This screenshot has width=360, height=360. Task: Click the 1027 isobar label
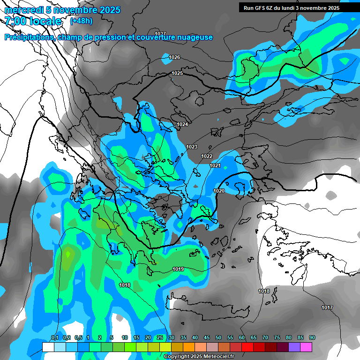[x=160, y=34]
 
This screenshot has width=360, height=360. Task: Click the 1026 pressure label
[x=174, y=57]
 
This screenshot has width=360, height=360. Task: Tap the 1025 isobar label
[x=177, y=73]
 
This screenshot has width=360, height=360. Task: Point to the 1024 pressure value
[x=182, y=124]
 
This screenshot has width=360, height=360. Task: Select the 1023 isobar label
[x=192, y=147]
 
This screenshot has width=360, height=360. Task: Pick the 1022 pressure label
[x=207, y=156]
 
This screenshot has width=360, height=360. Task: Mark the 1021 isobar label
[x=215, y=165]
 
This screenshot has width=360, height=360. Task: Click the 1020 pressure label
[x=219, y=191]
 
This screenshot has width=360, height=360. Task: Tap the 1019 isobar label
[x=178, y=269]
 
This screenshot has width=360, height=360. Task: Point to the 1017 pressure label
[x=327, y=307]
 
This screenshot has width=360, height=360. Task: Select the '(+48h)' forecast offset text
[x=81, y=21]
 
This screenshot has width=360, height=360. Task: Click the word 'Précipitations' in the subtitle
[x=29, y=37]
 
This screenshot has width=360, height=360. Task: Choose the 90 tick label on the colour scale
[x=312, y=337]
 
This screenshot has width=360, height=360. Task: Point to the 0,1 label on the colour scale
[x=54, y=337]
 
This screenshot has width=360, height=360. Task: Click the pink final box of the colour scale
[x=306, y=347]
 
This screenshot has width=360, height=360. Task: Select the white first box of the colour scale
[x=48, y=347]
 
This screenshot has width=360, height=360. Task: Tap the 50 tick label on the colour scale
[x=218, y=337]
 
